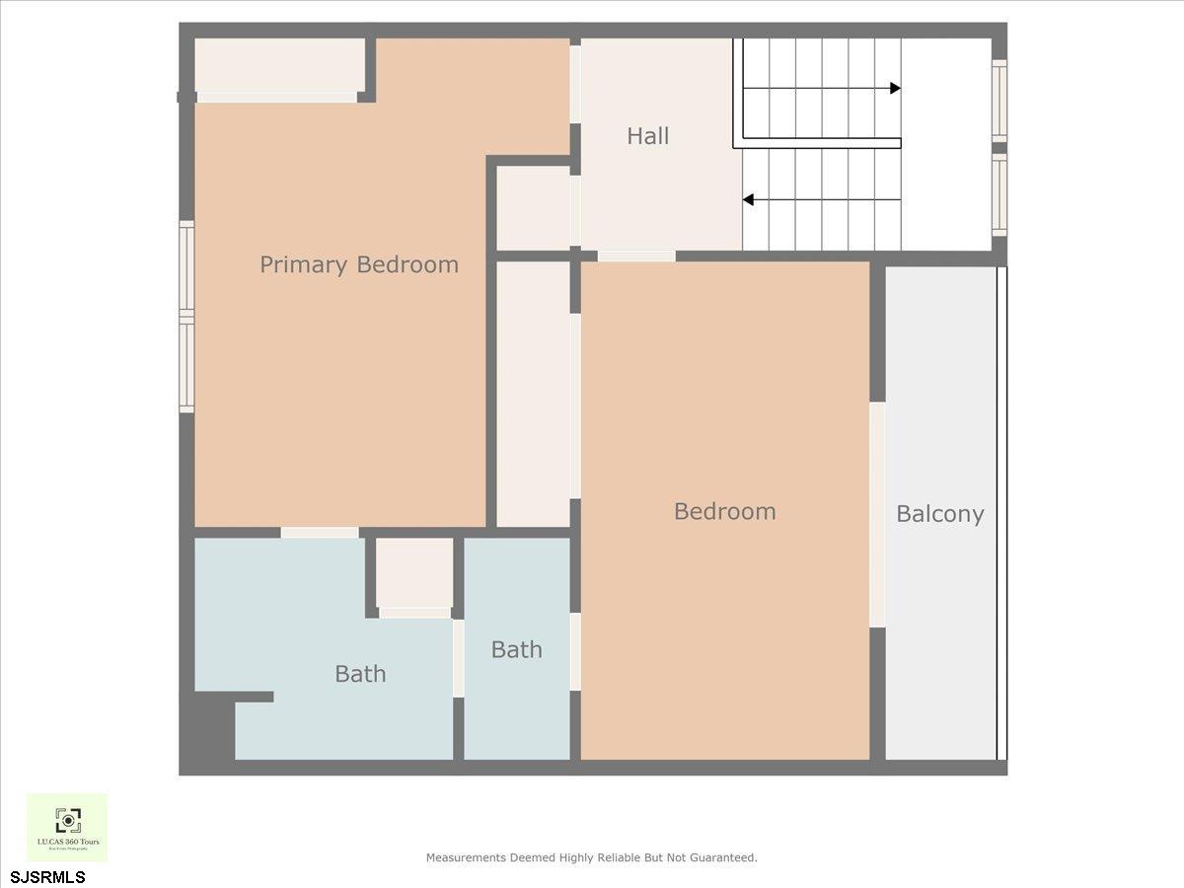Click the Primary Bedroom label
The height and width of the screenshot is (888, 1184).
(359, 264)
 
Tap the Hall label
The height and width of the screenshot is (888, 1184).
(647, 136)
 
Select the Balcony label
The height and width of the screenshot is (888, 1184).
(939, 514)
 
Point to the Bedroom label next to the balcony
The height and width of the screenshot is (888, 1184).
(724, 511)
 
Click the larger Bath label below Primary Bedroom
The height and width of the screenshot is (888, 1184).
(360, 674)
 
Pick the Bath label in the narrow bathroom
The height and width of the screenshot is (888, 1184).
(516, 649)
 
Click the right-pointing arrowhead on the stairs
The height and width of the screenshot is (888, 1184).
(895, 88)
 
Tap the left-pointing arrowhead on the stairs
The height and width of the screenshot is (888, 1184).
(748, 200)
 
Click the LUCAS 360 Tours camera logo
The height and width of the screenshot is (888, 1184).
(67, 820)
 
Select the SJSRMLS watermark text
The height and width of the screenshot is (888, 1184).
(47, 876)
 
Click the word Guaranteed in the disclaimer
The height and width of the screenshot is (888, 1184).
(723, 858)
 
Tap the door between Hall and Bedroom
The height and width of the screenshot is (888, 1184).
(636, 257)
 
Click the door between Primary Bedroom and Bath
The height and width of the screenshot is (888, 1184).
(320, 533)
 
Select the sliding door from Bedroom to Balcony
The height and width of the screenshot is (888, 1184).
(876, 514)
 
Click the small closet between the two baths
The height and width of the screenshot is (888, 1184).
(414, 572)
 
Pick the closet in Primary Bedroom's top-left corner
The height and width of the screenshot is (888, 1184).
(280, 65)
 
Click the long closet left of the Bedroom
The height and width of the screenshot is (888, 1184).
(533, 393)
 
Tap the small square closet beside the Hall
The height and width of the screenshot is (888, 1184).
(533, 207)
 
